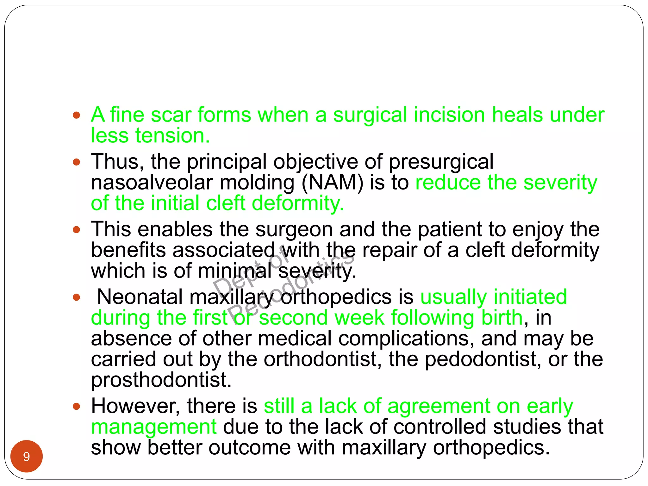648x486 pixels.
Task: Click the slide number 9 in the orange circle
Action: (x=27, y=457)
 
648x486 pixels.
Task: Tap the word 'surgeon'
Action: (x=294, y=229)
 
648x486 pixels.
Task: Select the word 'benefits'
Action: (x=128, y=250)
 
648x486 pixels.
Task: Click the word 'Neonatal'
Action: (x=140, y=297)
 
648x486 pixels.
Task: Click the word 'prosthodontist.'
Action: (x=161, y=380)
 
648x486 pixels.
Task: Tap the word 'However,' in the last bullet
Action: (x=135, y=406)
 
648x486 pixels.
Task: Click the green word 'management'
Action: (x=154, y=427)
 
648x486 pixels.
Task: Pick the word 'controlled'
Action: (x=440, y=427)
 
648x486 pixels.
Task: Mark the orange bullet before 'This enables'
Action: (x=76, y=229)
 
